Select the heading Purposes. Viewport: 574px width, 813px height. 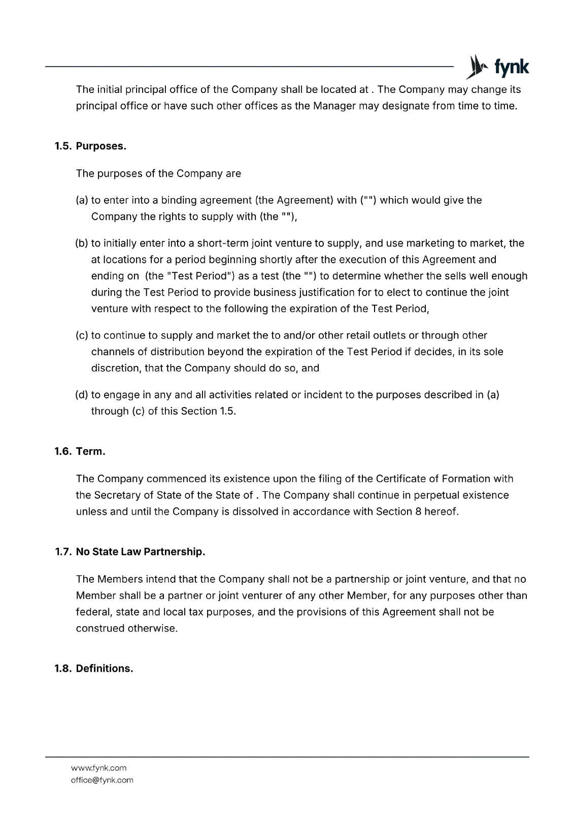tap(101, 146)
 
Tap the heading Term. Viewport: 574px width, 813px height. tap(90, 451)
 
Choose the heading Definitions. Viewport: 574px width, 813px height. tap(105, 669)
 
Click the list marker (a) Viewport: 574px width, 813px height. tap(82, 200)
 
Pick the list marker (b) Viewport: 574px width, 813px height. tap(82, 243)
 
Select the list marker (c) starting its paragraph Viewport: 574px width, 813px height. tap(82, 335)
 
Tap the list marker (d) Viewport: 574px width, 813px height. tap(82, 395)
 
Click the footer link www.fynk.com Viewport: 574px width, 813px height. tap(99, 768)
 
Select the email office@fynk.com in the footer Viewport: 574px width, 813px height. tap(102, 780)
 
